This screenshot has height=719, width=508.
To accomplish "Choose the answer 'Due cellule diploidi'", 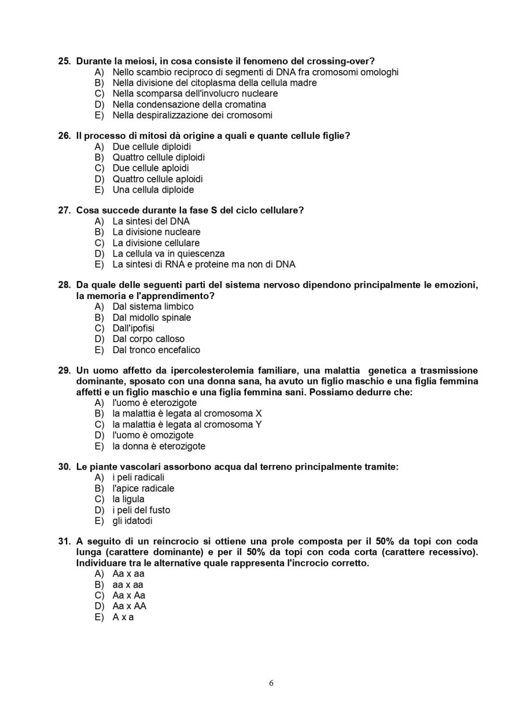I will pyautogui.click(x=151, y=147).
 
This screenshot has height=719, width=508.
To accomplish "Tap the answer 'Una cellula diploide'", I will pyautogui.click(x=153, y=190).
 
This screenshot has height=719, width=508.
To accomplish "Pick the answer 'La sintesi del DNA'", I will pyautogui.click(x=151, y=221).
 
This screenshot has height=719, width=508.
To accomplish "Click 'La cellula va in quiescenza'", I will pyautogui.click(x=168, y=253).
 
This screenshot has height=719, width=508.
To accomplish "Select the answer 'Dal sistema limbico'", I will pyautogui.click(x=153, y=307).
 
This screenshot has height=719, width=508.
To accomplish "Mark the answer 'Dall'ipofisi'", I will pyautogui.click(x=133, y=328).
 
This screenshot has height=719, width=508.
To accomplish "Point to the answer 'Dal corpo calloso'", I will pyautogui.click(x=148, y=339).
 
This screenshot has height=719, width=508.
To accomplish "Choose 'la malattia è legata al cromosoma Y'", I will pyautogui.click(x=187, y=425).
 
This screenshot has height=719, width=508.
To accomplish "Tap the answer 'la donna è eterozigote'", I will pyautogui.click(x=159, y=446).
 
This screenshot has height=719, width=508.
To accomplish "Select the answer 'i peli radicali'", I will pyautogui.click(x=138, y=478).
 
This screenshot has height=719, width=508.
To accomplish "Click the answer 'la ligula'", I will pyautogui.click(x=128, y=499).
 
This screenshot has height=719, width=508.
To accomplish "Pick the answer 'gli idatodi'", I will pyautogui.click(x=132, y=521).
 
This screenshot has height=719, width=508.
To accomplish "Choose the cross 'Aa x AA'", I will pyautogui.click(x=129, y=606).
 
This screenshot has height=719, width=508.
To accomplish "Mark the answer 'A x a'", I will pyautogui.click(x=123, y=617).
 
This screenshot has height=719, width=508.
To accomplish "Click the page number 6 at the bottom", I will pyautogui.click(x=271, y=683).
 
